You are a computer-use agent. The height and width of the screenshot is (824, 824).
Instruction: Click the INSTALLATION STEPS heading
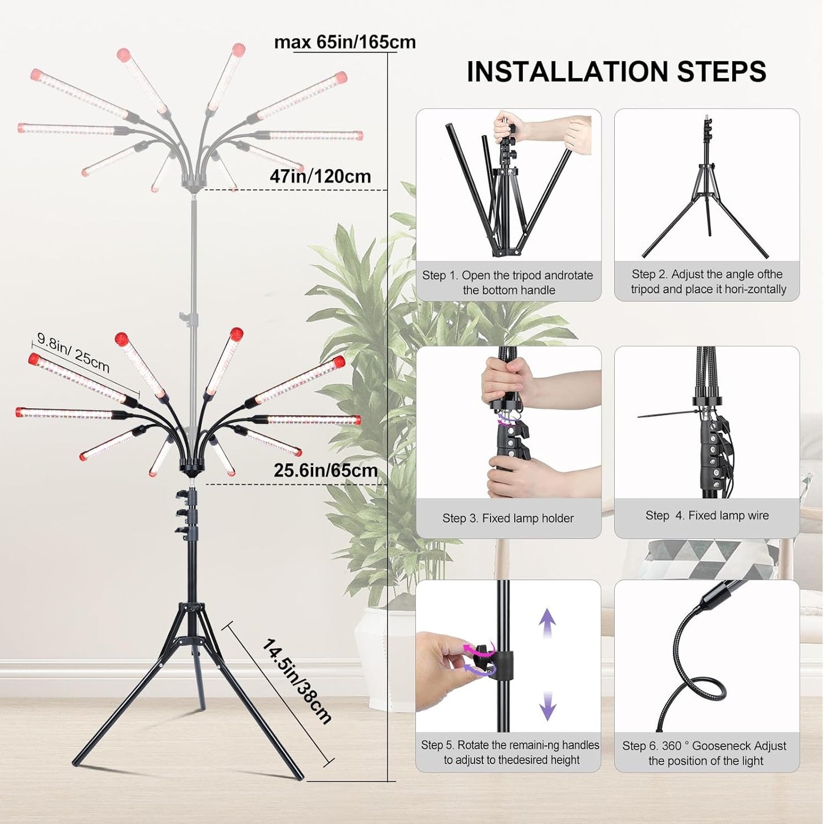coord(616,72)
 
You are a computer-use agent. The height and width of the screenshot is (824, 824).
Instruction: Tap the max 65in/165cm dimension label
coord(345,42)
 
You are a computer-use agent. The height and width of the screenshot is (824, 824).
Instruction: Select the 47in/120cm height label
coord(320,176)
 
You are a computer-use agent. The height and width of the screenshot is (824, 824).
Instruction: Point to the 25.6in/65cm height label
coord(326,470)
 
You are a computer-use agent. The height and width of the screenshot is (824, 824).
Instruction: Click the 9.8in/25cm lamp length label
coord(73,352)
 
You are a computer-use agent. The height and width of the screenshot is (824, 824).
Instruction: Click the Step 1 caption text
coord(508,282)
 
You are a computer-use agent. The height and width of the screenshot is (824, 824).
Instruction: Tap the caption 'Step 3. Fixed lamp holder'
coord(508,518)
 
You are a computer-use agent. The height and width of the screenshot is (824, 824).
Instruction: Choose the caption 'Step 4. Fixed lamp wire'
coord(707,515)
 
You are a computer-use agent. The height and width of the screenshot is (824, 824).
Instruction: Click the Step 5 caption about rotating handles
coord(510,752)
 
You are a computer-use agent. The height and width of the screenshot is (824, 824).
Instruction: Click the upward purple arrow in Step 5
coord(547,623)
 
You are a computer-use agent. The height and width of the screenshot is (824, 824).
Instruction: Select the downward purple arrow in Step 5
coord(547,705)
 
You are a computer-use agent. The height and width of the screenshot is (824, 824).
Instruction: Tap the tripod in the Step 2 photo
coord(706,200)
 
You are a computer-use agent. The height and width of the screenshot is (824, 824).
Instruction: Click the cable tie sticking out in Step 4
coord(661,415)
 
